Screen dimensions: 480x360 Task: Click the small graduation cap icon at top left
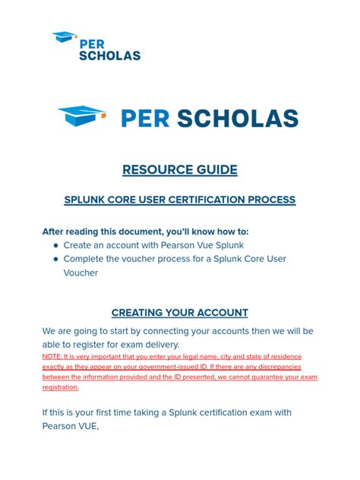pos(64,36)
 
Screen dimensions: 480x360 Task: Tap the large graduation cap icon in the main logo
pos(82,115)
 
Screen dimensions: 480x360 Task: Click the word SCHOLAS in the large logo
pos(238,118)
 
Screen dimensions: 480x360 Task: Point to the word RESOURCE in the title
pos(157,169)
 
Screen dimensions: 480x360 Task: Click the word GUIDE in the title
pos(216,169)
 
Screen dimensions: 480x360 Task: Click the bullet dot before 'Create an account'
pos(55,246)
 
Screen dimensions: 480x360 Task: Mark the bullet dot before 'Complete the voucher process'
pos(55,260)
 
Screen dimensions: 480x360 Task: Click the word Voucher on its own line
pos(81,273)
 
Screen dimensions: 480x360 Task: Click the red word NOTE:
pos(52,357)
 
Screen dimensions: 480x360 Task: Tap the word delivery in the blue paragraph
pos(157,345)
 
